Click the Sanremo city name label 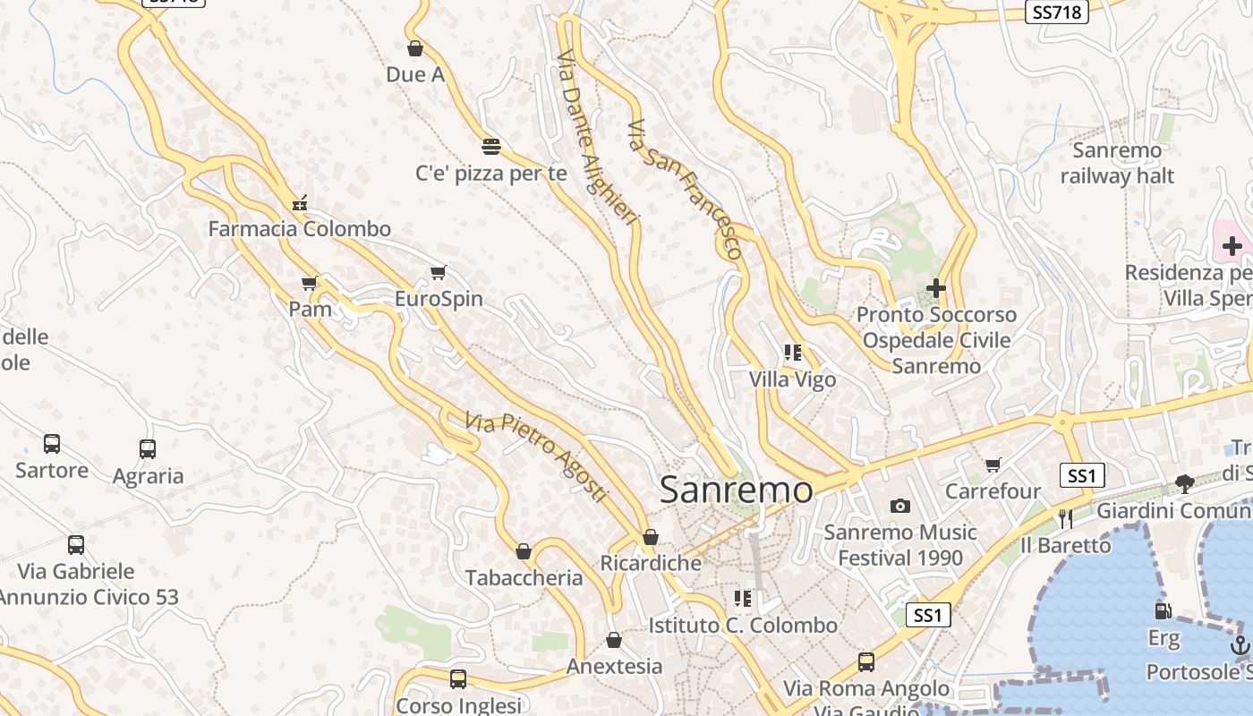(x=736, y=490)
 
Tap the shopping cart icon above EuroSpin (x=438, y=272)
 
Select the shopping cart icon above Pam (x=310, y=284)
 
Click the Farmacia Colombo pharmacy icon (x=300, y=203)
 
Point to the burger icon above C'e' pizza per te (x=490, y=146)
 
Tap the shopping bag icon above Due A (x=414, y=48)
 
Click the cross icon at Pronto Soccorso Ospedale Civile (x=936, y=288)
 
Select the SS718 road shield (x=1056, y=12)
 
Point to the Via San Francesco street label (x=685, y=189)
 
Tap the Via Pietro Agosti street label (x=536, y=456)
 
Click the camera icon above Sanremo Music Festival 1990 (x=900, y=507)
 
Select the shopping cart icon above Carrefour (x=993, y=465)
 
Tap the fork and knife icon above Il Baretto (x=1065, y=518)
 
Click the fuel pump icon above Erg (x=1163, y=611)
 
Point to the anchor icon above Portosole (x=1240, y=644)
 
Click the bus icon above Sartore (x=52, y=444)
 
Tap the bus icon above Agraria (x=148, y=449)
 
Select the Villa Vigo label (x=792, y=379)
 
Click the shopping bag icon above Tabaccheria (x=524, y=551)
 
